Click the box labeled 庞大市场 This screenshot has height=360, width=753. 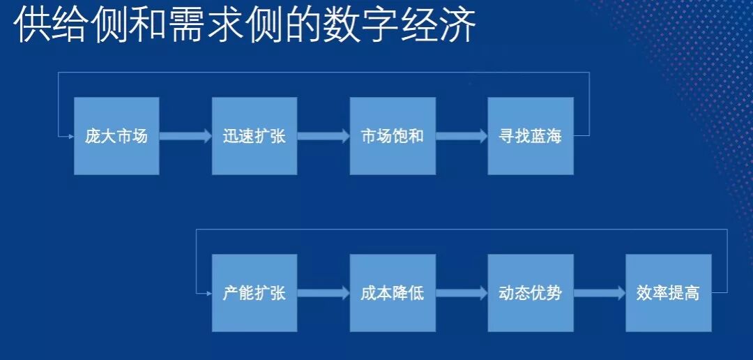click(116, 136)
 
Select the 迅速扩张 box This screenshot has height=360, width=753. click(254, 136)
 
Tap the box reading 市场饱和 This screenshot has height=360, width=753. click(393, 136)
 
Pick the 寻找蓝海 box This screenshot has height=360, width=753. click(531, 136)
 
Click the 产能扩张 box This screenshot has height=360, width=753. click(254, 293)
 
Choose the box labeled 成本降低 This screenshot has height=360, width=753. click(393, 293)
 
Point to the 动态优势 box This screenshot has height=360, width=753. click(531, 293)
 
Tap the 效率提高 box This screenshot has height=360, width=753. click(669, 293)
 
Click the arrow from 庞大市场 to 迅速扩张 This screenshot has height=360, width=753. click(185, 136)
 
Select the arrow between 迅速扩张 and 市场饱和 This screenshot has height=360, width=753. click(324, 136)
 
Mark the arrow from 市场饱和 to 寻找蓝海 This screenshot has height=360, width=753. click(462, 136)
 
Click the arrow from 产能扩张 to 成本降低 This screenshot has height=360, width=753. click(324, 293)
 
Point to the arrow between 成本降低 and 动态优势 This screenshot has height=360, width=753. click(462, 293)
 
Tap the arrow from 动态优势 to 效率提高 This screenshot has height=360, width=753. click(600, 293)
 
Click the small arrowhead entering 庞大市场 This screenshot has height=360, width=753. click(71, 136)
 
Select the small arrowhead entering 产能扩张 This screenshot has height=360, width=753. click(209, 293)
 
